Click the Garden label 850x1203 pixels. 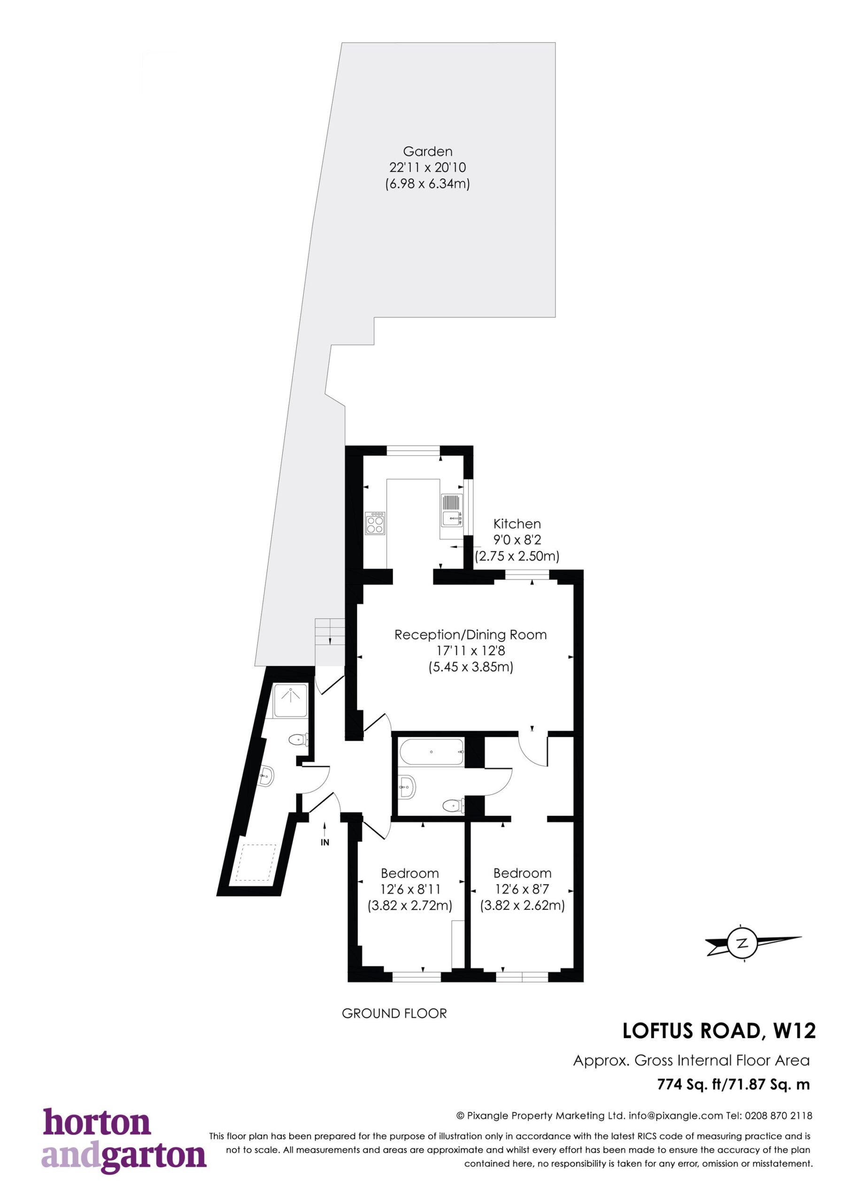click(x=427, y=151)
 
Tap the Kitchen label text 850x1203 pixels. click(x=517, y=523)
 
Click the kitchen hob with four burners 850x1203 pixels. click(x=375, y=523)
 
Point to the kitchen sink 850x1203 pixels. click(x=452, y=510)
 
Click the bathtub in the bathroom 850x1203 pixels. click(x=432, y=752)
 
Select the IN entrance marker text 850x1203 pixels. click(x=325, y=843)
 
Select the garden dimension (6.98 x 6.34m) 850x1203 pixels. click(x=427, y=184)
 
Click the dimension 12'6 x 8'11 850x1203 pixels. click(x=410, y=889)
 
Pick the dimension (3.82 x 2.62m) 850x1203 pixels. click(x=522, y=906)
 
